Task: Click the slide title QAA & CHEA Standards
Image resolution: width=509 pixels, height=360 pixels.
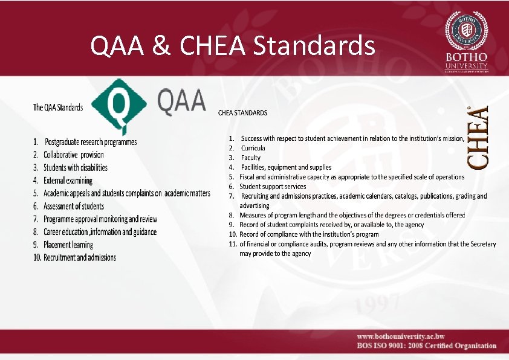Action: click(232, 45)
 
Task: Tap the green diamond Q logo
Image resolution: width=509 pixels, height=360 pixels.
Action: click(122, 104)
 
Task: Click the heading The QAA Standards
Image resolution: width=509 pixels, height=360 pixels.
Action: click(58, 108)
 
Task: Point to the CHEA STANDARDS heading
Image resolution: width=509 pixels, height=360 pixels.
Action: click(242, 112)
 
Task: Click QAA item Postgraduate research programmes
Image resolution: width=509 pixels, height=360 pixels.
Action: click(91, 142)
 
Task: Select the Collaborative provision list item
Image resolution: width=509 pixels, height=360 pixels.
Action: click(74, 155)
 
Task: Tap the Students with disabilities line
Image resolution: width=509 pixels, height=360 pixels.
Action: click(76, 167)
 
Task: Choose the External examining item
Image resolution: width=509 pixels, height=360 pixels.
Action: click(68, 181)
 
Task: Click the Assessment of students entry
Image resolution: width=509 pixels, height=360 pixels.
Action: click(74, 206)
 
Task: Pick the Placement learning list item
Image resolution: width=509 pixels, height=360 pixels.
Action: click(68, 245)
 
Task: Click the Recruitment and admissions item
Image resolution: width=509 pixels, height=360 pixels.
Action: click(80, 257)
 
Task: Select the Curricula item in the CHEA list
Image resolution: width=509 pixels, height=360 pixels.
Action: click(253, 148)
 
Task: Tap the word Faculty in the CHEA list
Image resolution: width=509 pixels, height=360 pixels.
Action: click(251, 158)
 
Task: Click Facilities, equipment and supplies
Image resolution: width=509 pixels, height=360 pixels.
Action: click(286, 167)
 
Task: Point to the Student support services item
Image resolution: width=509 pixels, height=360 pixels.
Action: click(273, 187)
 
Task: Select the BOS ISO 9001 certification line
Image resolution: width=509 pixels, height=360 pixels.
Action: click(426, 346)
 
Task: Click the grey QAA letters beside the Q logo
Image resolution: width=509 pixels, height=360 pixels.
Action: click(182, 101)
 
